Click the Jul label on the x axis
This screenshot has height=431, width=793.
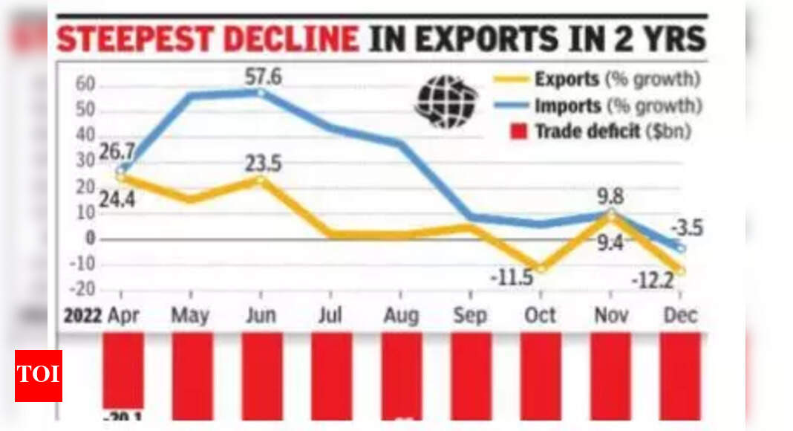pyautogui.click(x=329, y=315)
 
